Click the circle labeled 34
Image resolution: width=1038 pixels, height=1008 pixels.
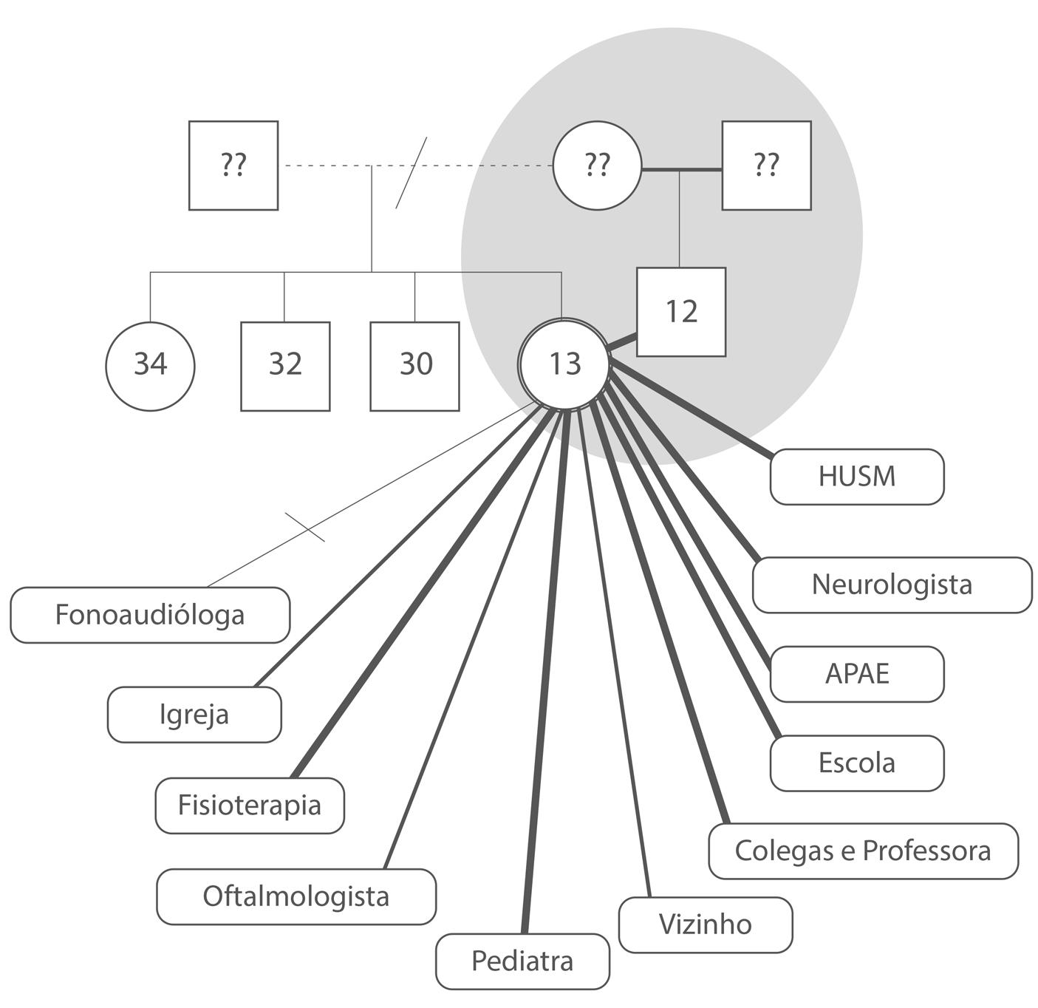click(150, 366)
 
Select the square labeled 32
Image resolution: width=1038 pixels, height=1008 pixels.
click(285, 366)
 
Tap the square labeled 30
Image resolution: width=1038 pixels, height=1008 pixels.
click(414, 366)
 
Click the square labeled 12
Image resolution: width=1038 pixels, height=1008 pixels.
click(681, 312)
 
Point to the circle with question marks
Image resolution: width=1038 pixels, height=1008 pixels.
click(598, 166)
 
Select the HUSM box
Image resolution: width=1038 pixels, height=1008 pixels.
click(857, 477)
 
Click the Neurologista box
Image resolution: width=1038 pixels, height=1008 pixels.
click(892, 585)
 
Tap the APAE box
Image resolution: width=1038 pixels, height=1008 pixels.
click(857, 674)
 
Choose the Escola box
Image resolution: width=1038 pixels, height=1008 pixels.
click(857, 763)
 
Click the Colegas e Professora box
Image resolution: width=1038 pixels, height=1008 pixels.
click(863, 851)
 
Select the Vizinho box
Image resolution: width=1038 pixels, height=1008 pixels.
click(706, 924)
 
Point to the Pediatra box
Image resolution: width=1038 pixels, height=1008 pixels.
click(522, 961)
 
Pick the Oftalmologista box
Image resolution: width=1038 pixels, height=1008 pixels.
click(296, 896)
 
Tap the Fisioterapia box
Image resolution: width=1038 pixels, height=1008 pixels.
click(250, 805)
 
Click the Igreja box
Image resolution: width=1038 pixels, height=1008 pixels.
click(194, 715)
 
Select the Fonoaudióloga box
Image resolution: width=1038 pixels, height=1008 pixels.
click(150, 615)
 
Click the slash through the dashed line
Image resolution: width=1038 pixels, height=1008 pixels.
click(412, 172)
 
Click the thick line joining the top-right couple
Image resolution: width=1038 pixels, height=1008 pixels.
click(681, 170)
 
